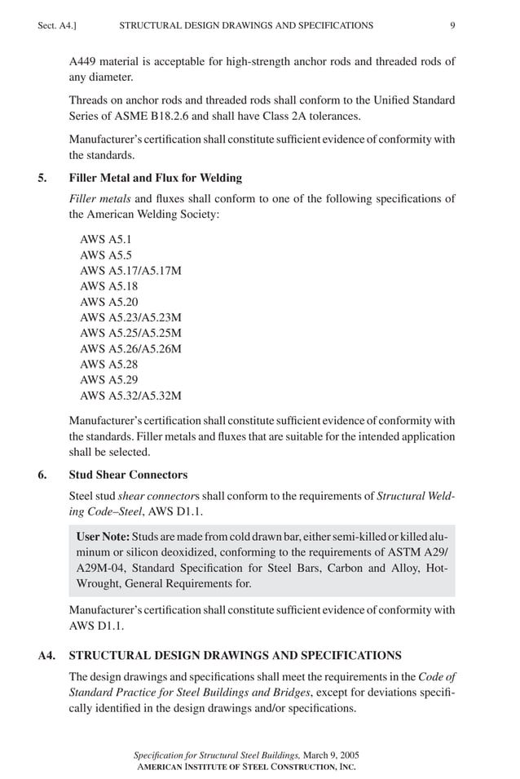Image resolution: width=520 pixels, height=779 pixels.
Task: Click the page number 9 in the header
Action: point(452,25)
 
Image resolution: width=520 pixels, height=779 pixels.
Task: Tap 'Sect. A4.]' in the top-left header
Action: point(57,25)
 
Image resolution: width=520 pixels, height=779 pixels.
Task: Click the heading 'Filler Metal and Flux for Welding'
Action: point(155,178)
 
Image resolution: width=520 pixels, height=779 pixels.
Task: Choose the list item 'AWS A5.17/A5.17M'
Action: point(130,271)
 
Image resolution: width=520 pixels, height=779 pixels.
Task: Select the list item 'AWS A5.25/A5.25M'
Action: point(130,333)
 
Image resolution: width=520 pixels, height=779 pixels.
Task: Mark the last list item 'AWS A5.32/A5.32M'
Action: point(130,396)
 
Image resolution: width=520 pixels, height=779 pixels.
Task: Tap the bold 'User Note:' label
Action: point(102,538)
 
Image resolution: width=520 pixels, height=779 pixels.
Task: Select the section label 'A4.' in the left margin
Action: point(46,655)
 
